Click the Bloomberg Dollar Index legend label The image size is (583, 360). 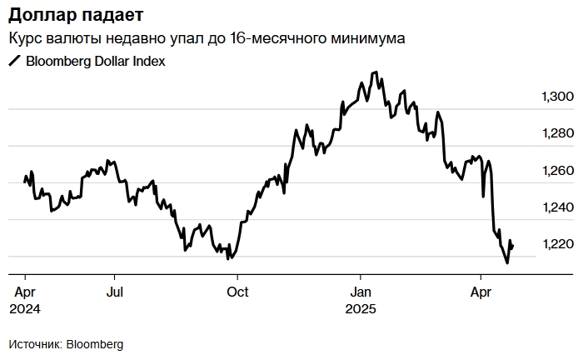click(x=96, y=61)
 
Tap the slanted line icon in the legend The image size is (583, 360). click(x=14, y=61)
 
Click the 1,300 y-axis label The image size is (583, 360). click(x=558, y=97)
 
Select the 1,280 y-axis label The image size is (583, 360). click(x=558, y=134)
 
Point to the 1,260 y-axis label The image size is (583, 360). click(x=558, y=171)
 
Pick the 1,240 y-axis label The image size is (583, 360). click(x=558, y=207)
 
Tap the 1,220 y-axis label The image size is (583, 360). click(x=558, y=244)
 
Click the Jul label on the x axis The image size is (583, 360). click(x=115, y=292)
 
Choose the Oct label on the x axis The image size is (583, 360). click(x=238, y=292)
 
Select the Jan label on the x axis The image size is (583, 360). click(x=361, y=292)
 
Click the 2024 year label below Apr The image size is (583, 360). click(x=25, y=308)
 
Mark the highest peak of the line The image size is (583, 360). click(x=375, y=72)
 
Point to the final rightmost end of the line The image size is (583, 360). click(x=513, y=246)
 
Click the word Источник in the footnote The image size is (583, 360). click(x=34, y=344)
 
